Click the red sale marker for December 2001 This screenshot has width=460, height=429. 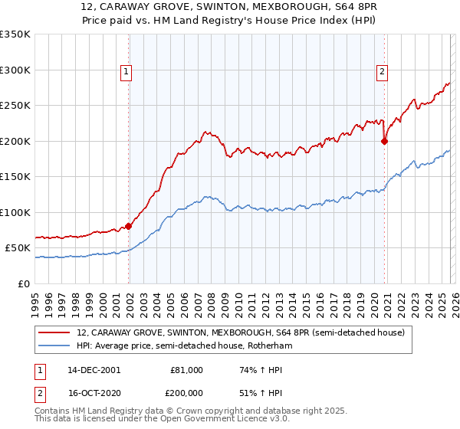[x=128, y=226]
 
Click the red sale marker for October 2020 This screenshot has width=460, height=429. [x=384, y=141]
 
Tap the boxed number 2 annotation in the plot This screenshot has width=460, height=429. [x=381, y=73]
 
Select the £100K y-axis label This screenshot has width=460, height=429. [x=15, y=212]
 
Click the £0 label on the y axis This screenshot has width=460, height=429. [x=23, y=283]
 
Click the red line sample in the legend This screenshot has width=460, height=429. [x=55, y=333]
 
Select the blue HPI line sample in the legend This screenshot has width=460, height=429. [x=55, y=346]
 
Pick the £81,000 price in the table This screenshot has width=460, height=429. [x=186, y=369]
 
